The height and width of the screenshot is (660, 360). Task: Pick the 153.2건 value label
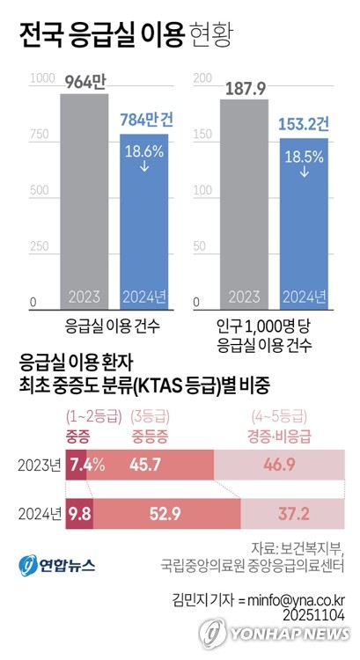pos(305,124)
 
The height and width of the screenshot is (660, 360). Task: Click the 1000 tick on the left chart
pos(42,79)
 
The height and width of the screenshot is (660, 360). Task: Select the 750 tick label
pos(40,136)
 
